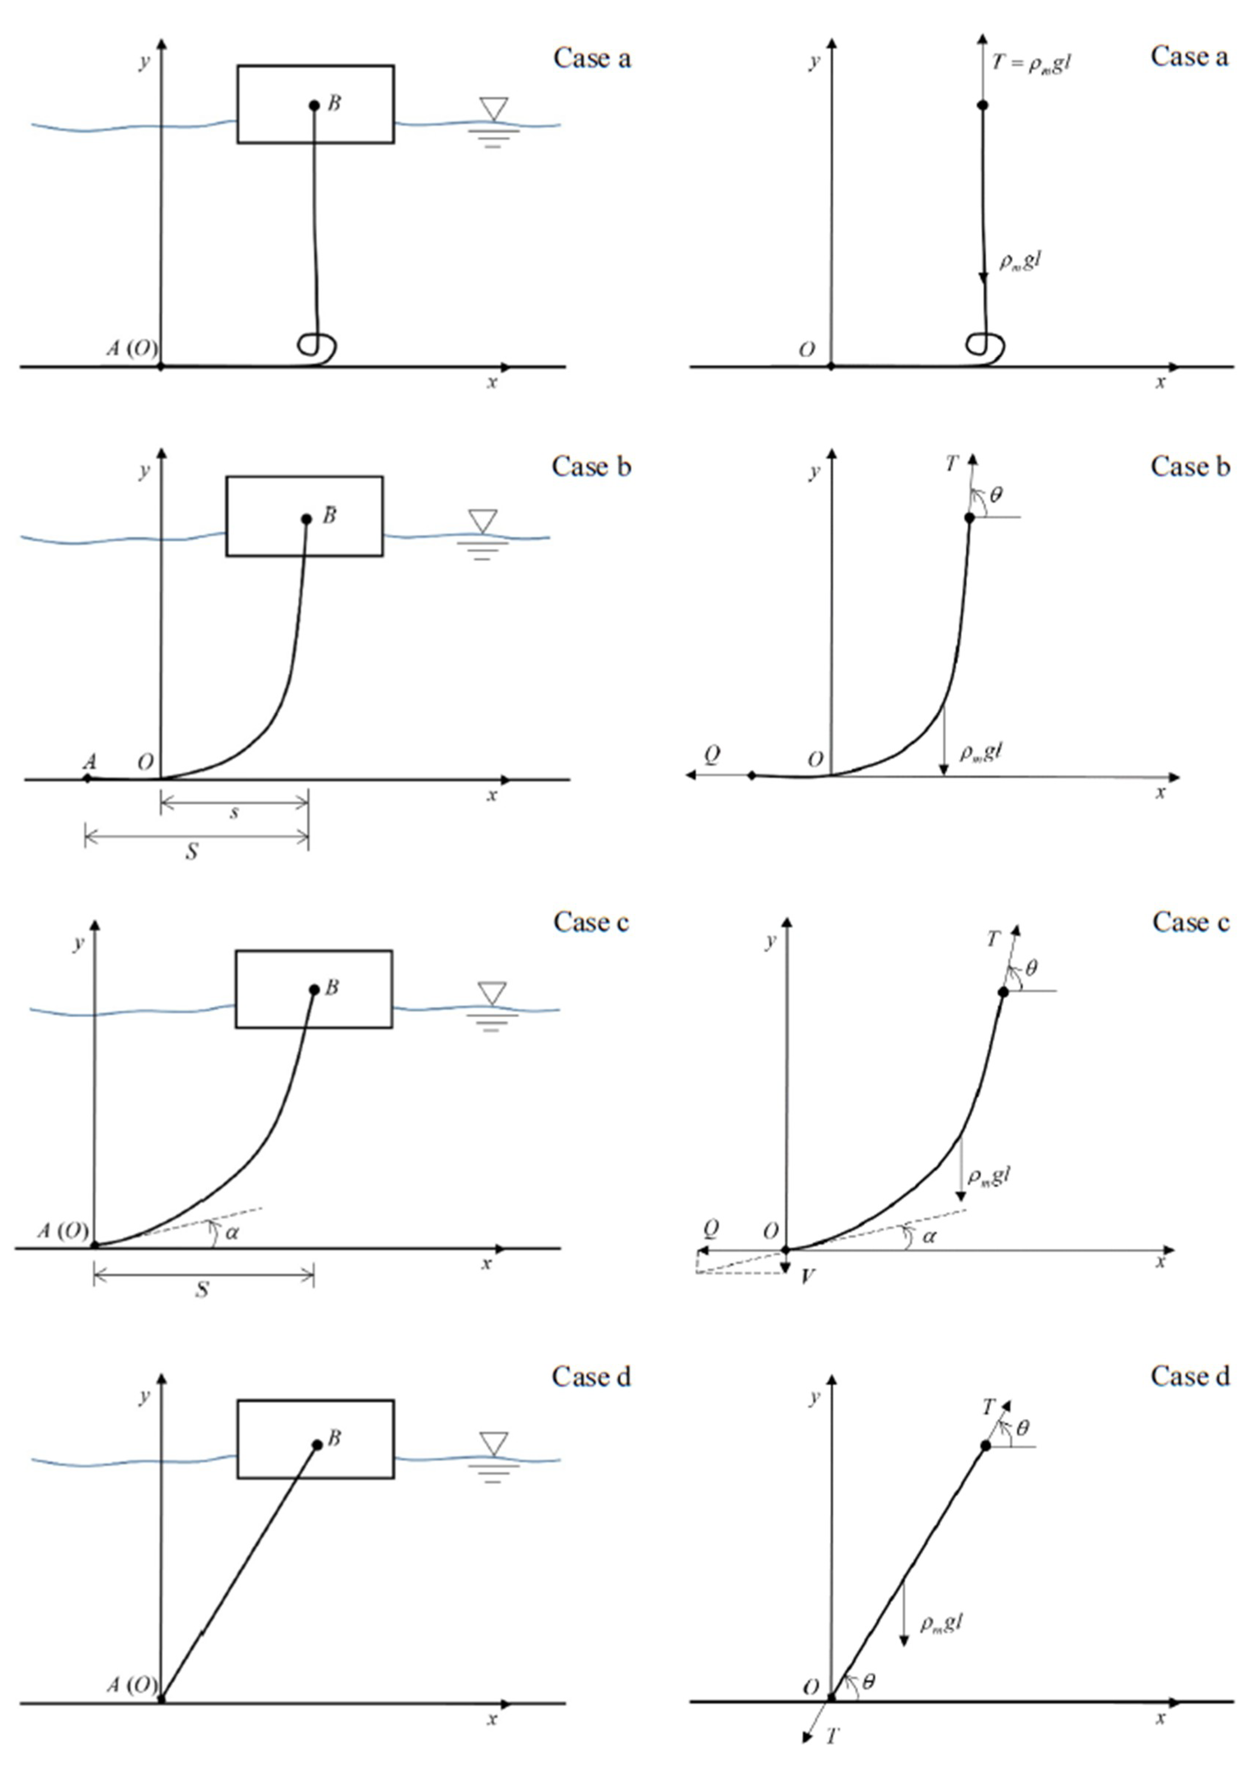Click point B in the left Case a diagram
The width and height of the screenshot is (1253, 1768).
pyautogui.click(x=314, y=105)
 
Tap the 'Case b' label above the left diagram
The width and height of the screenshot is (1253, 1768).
pyautogui.click(x=591, y=466)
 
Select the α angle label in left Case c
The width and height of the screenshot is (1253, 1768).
pyautogui.click(x=231, y=1233)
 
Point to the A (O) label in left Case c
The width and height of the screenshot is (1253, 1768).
pyautogui.click(x=63, y=1230)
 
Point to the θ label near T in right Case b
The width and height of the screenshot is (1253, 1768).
pyautogui.click(x=996, y=494)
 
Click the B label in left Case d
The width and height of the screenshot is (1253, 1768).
pyautogui.click(x=334, y=1438)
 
